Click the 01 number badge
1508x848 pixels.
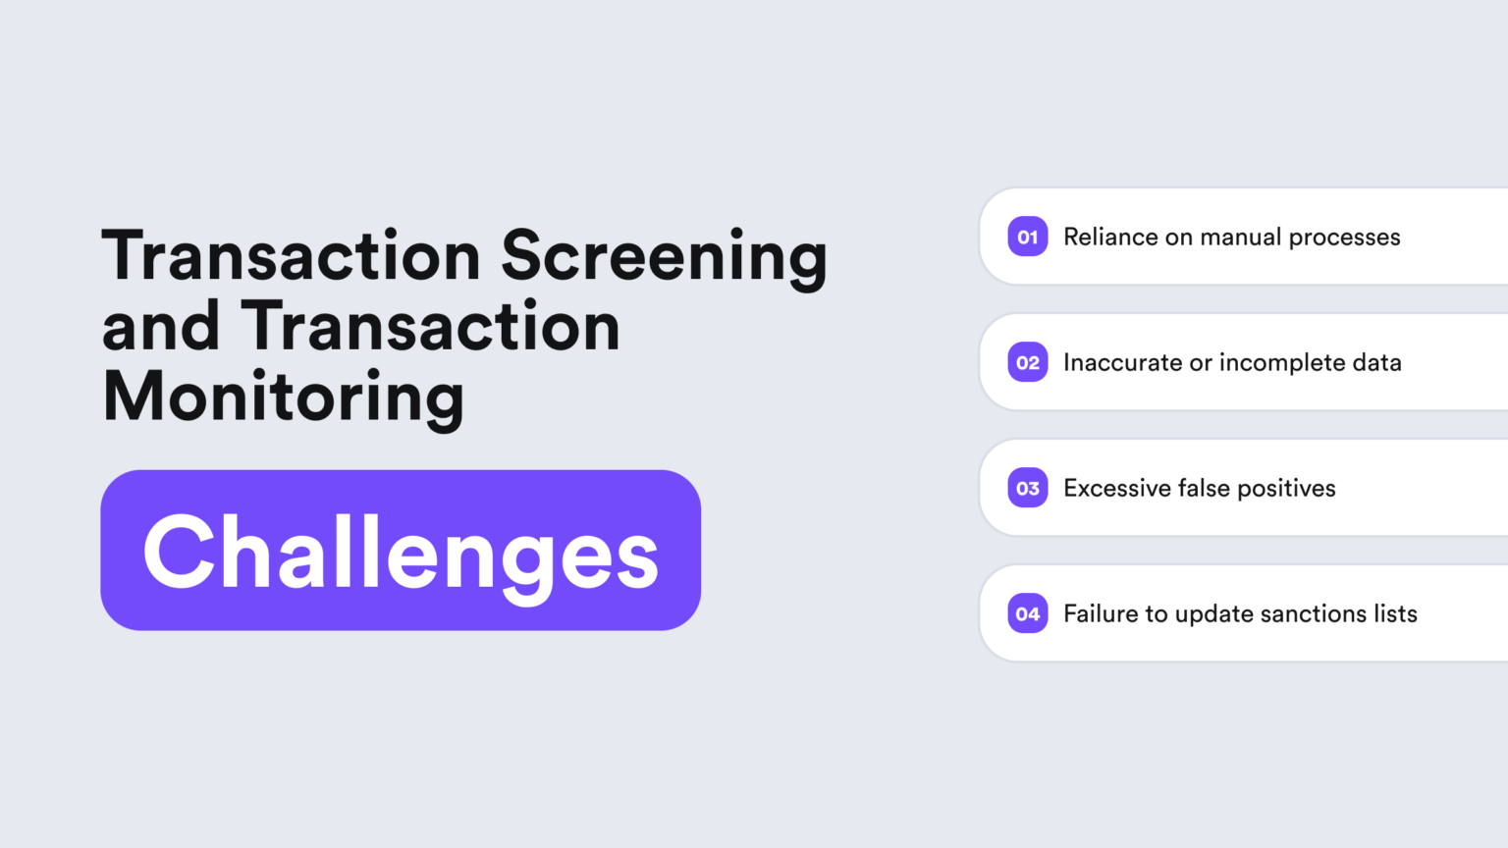click(x=1027, y=237)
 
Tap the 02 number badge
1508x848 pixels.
click(x=1027, y=362)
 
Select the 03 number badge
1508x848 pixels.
click(x=1027, y=488)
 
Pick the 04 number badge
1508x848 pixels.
click(x=1027, y=613)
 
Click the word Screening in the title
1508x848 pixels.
click(x=664, y=257)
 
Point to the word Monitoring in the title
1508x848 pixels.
click(x=283, y=397)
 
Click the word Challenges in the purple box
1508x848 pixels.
click(x=401, y=552)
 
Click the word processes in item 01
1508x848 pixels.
click(x=1344, y=238)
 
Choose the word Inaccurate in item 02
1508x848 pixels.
click(x=1122, y=362)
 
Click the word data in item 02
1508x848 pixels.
click(x=1376, y=362)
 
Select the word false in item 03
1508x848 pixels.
click(x=1204, y=488)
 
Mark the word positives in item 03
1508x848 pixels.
click(x=1286, y=489)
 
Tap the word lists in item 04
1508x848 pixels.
click(x=1395, y=613)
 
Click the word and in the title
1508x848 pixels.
click(x=160, y=327)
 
